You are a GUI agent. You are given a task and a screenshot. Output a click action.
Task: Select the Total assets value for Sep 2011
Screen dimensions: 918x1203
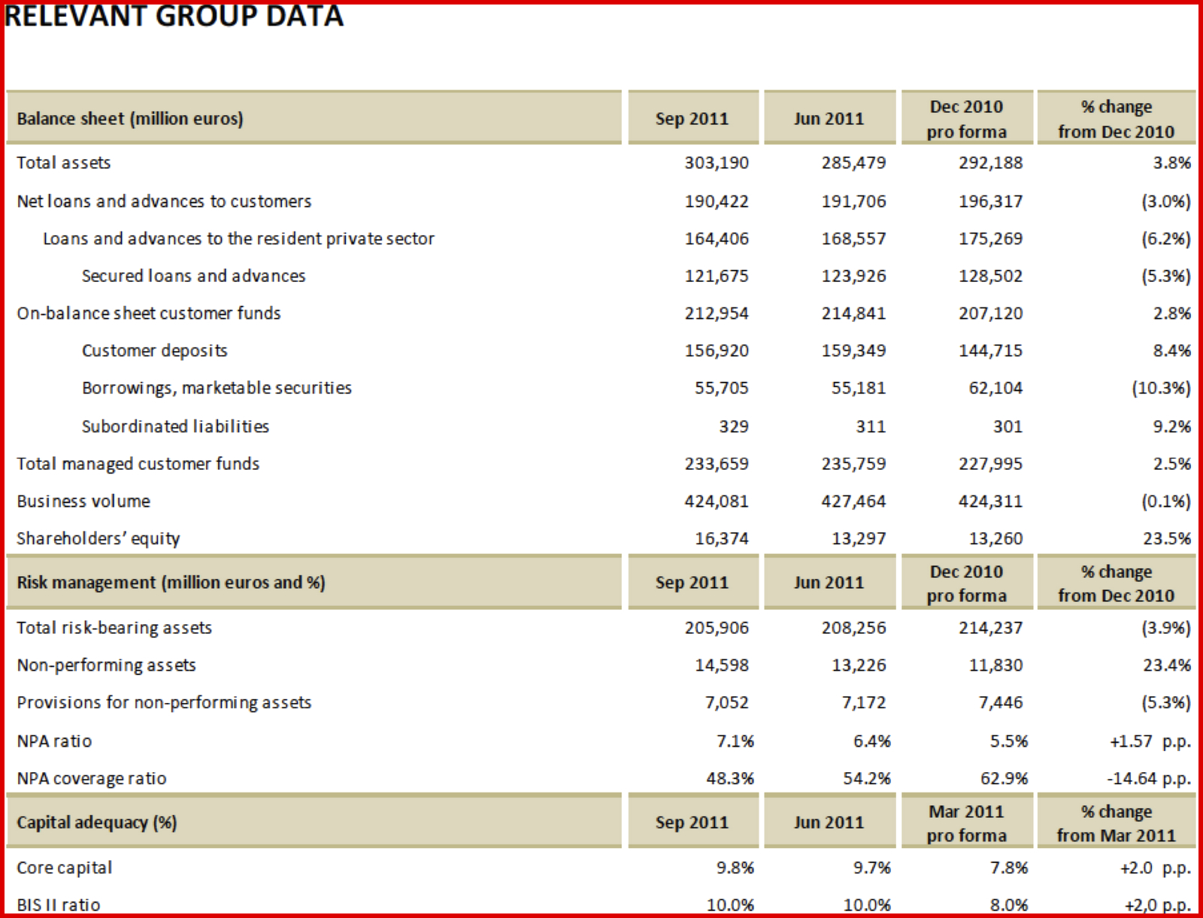pyautogui.click(x=716, y=162)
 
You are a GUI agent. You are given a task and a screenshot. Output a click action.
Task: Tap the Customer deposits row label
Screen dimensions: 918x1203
pyautogui.click(x=154, y=350)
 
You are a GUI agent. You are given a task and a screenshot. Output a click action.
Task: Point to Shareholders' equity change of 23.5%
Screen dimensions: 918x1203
pyautogui.click(x=1171, y=538)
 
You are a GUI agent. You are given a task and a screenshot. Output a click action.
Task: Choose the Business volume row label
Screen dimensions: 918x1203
pyautogui.click(x=83, y=501)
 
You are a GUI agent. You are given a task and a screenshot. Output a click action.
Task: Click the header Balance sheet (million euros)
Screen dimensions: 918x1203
pyautogui.click(x=130, y=119)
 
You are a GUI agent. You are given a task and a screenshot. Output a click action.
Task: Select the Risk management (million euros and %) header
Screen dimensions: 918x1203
pyautogui.click(x=171, y=583)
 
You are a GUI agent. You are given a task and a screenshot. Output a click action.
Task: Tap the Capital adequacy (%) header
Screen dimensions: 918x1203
pyautogui.click(x=97, y=823)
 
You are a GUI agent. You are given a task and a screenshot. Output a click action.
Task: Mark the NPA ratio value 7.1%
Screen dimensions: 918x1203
pyautogui.click(x=735, y=741)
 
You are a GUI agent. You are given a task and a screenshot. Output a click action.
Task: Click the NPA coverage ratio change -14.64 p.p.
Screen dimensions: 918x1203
pyautogui.click(x=1148, y=778)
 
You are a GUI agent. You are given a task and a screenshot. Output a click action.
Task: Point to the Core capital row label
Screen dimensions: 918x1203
pyautogui.click(x=65, y=868)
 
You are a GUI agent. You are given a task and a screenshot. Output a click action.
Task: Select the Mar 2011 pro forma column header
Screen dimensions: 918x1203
pyautogui.click(x=966, y=823)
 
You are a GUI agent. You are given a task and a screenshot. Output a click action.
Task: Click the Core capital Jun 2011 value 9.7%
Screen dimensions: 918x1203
pyautogui.click(x=871, y=868)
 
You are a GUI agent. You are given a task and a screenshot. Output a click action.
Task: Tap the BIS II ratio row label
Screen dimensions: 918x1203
pyautogui.click(x=59, y=904)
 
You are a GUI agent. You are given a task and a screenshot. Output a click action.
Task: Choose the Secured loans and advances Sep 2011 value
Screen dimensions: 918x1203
pyautogui.click(x=716, y=276)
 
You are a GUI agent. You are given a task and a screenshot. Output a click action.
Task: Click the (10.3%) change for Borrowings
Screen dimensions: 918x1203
pyautogui.click(x=1161, y=388)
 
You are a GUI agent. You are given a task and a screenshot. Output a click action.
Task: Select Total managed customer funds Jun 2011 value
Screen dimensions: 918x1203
pyautogui.click(x=853, y=464)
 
